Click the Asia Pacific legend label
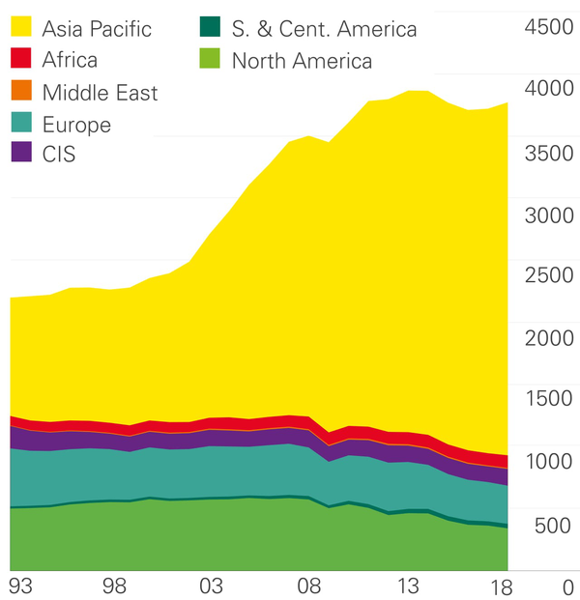pyautogui.click(x=97, y=28)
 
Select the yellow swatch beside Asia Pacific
pyautogui.click(x=21, y=27)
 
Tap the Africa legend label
pyautogui.click(x=70, y=60)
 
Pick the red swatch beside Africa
pyautogui.click(x=21, y=59)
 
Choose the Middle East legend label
pyautogui.click(x=100, y=93)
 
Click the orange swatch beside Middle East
pyautogui.click(x=21, y=92)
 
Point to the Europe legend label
pyautogui.click(x=76, y=125)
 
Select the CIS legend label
pyautogui.click(x=59, y=154)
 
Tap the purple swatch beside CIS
pyautogui.click(x=21, y=153)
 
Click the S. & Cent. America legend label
pyautogui.click(x=324, y=29)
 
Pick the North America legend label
pyautogui.click(x=302, y=62)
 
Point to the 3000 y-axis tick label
pyautogui.click(x=548, y=214)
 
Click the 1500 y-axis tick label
pyautogui.click(x=548, y=399)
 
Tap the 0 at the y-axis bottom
pyautogui.click(x=567, y=586)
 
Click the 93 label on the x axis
pyautogui.click(x=20, y=586)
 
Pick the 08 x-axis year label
pyautogui.click(x=309, y=586)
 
